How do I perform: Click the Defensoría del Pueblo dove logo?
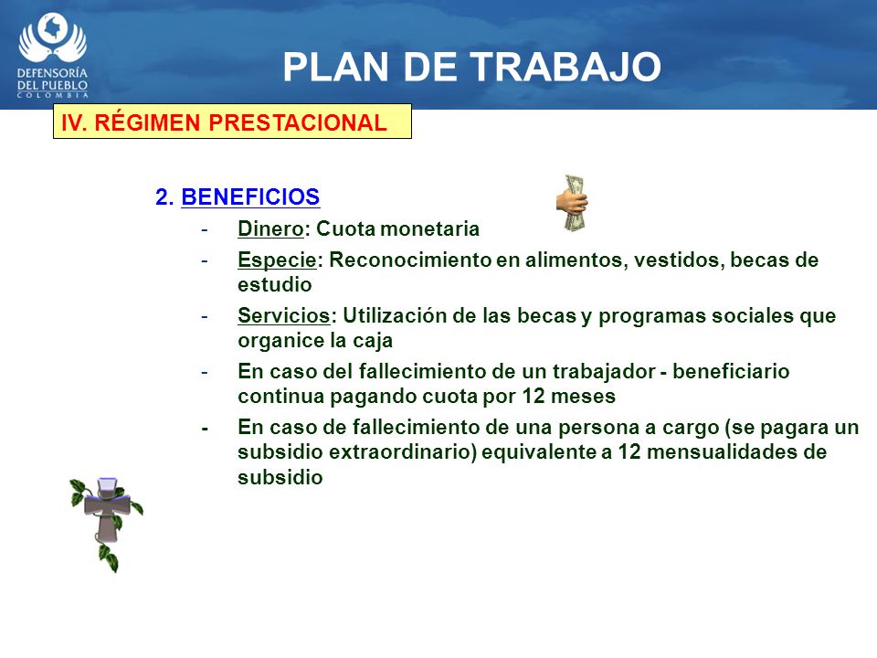(x=52, y=55)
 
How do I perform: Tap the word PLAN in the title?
(x=335, y=67)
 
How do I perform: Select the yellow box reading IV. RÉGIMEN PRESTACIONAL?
(x=232, y=122)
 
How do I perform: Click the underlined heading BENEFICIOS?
(x=250, y=197)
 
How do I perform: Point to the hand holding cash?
(x=572, y=203)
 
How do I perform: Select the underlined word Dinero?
(x=270, y=228)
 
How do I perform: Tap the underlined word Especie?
(x=277, y=260)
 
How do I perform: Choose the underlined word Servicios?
(x=283, y=315)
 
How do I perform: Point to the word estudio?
(x=275, y=285)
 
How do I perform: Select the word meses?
(x=583, y=396)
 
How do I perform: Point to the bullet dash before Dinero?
(x=205, y=229)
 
